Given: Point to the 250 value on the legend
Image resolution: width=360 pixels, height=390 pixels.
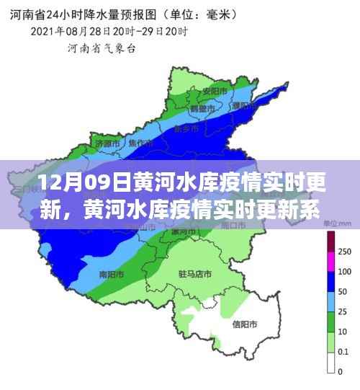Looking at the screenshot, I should [344, 251].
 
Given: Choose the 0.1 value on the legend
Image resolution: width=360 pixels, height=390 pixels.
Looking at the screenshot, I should [344, 353].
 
